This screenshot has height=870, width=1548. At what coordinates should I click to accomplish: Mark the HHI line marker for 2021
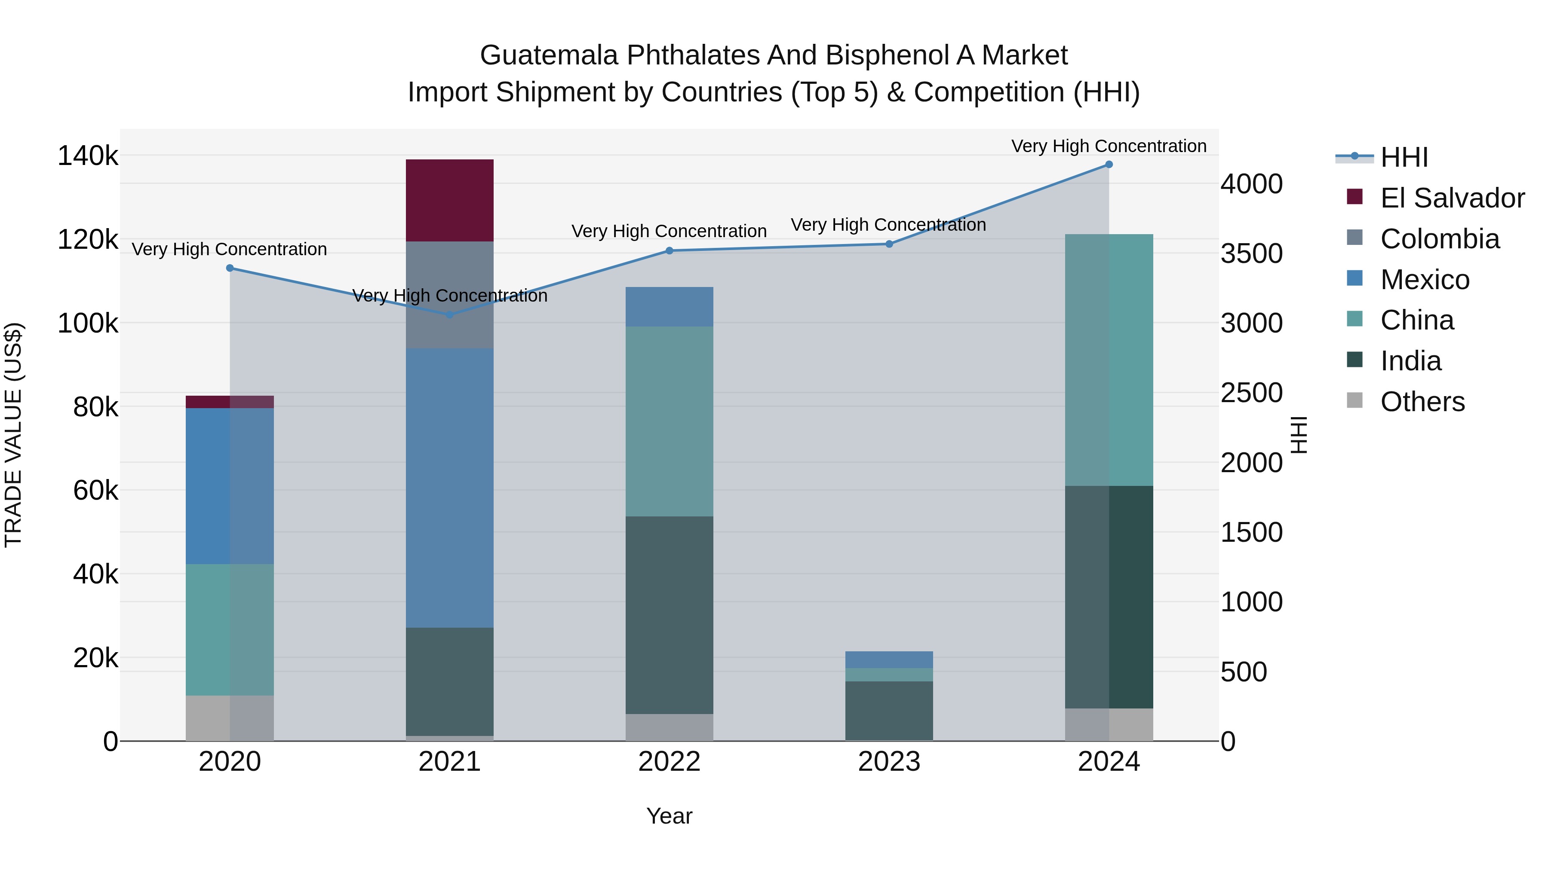tap(449, 314)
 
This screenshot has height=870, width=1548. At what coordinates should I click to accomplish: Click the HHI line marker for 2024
tap(1109, 165)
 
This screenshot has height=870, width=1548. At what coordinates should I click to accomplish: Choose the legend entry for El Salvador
tap(1451, 198)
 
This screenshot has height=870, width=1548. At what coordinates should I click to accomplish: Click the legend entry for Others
tap(1422, 402)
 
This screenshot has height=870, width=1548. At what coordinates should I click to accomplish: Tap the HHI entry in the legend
tap(1404, 157)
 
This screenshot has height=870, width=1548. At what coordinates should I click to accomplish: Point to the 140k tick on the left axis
tap(88, 156)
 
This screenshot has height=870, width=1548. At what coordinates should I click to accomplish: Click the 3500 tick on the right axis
tap(1251, 253)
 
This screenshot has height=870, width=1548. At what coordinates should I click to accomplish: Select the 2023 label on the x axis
tap(889, 762)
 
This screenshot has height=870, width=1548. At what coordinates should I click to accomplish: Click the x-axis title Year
tap(669, 816)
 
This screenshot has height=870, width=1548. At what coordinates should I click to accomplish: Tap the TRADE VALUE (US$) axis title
tap(13, 435)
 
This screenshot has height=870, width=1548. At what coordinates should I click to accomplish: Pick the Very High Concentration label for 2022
tap(669, 231)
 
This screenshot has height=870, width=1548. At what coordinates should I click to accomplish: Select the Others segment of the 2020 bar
tap(230, 717)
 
